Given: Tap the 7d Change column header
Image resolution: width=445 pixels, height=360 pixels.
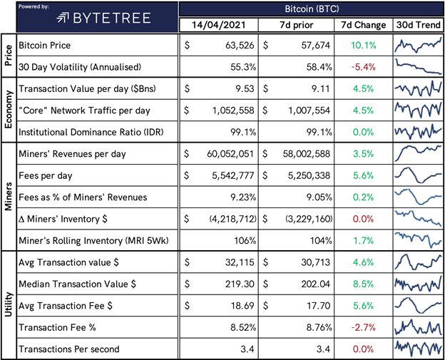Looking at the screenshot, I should click(x=363, y=26).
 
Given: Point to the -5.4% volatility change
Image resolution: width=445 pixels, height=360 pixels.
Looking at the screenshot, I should click(x=364, y=67).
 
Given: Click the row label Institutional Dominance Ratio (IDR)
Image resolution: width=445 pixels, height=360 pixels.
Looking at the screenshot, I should click(x=93, y=131).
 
